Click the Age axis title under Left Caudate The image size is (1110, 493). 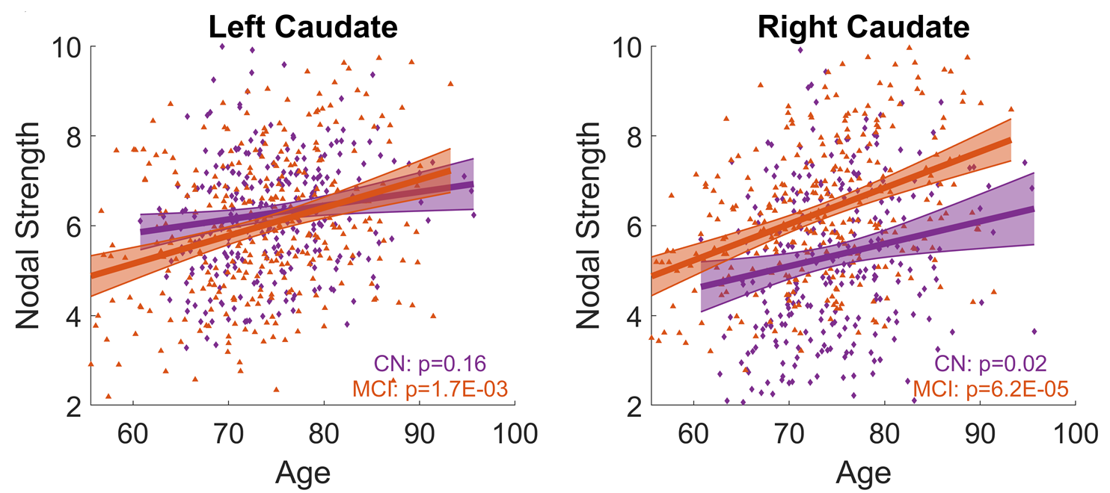point(302,473)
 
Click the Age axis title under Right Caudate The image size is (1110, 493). point(863,473)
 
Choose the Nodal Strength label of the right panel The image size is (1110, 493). point(591,226)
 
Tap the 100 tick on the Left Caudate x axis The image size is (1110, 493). point(514,434)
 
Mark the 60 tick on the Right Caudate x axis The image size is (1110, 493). point(693,434)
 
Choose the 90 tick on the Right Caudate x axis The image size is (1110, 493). point(980,434)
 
